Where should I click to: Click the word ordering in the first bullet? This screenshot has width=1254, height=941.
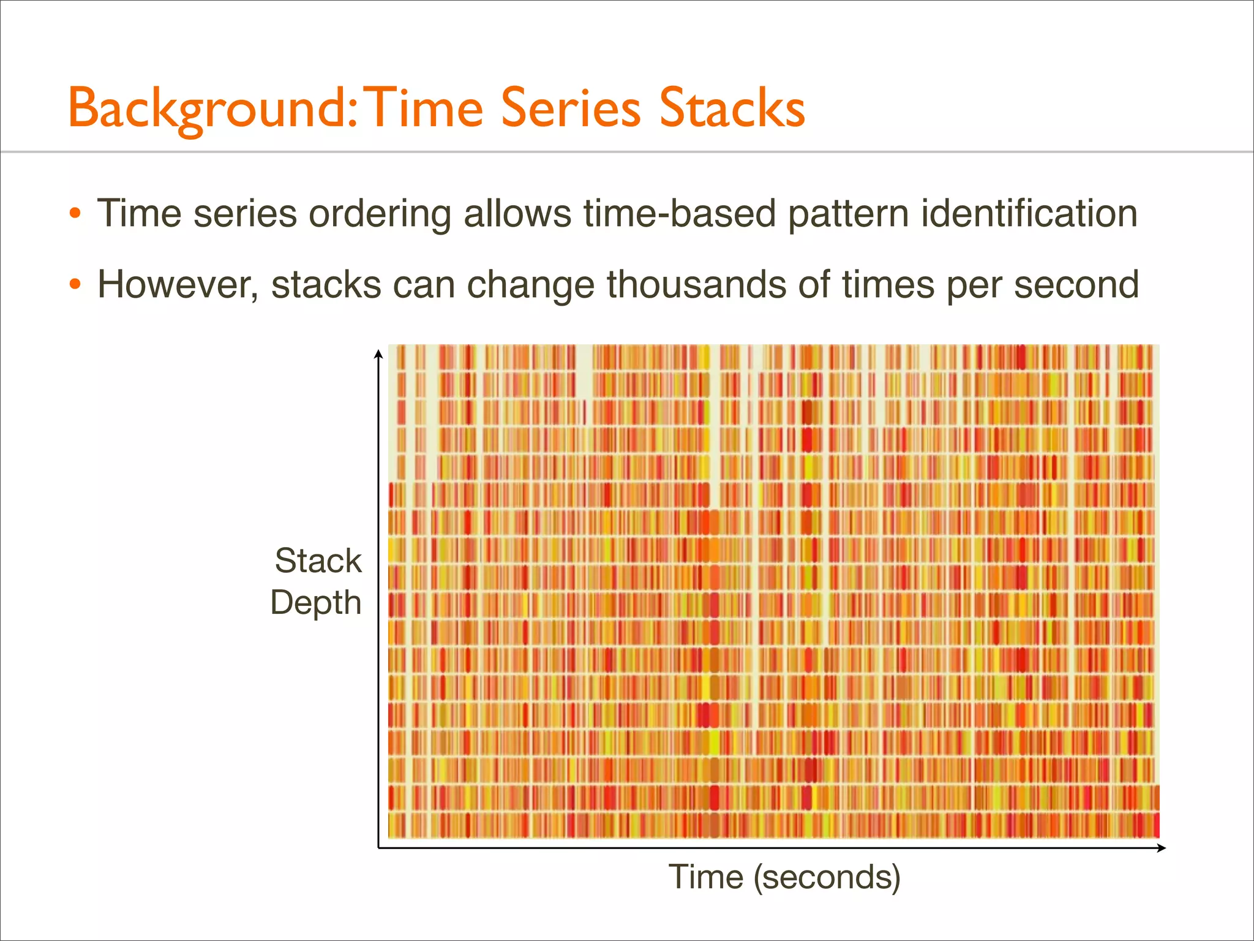click(x=380, y=214)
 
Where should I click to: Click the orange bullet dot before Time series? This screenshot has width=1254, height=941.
click(x=75, y=214)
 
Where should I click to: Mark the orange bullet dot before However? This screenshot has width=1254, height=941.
click(x=75, y=285)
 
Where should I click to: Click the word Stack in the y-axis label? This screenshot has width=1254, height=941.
click(x=318, y=561)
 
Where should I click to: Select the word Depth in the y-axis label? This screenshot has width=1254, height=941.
click(x=316, y=603)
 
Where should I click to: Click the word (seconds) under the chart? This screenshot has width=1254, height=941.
click(x=827, y=877)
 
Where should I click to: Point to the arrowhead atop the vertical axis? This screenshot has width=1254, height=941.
click(x=378, y=353)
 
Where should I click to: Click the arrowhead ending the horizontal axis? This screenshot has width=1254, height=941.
click(x=1162, y=848)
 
